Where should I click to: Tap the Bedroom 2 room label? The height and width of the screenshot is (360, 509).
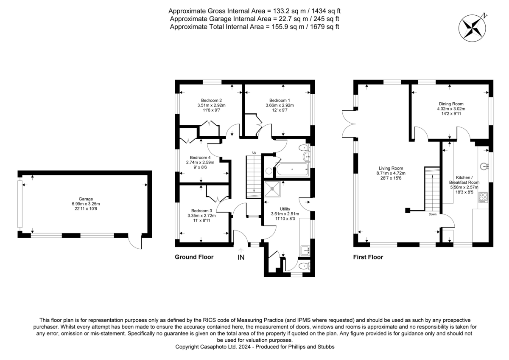(x=211, y=100)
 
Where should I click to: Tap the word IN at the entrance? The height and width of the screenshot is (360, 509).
(x=241, y=257)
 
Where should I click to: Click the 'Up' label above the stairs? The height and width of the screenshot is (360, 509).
(x=254, y=152)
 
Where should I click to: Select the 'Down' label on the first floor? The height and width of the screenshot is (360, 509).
(x=432, y=214)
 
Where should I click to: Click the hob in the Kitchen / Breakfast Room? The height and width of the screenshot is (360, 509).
(x=483, y=197)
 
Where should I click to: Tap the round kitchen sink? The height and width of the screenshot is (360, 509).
(x=483, y=166)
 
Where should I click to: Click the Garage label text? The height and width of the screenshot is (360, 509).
(x=85, y=199)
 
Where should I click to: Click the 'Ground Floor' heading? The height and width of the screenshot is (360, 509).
(x=194, y=257)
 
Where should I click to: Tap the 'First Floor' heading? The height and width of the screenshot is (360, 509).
(x=368, y=257)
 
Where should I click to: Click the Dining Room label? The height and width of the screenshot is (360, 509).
(x=451, y=104)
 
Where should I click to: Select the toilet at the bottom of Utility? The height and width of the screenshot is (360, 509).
(x=303, y=267)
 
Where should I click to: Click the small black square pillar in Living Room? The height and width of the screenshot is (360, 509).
(x=407, y=210)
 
